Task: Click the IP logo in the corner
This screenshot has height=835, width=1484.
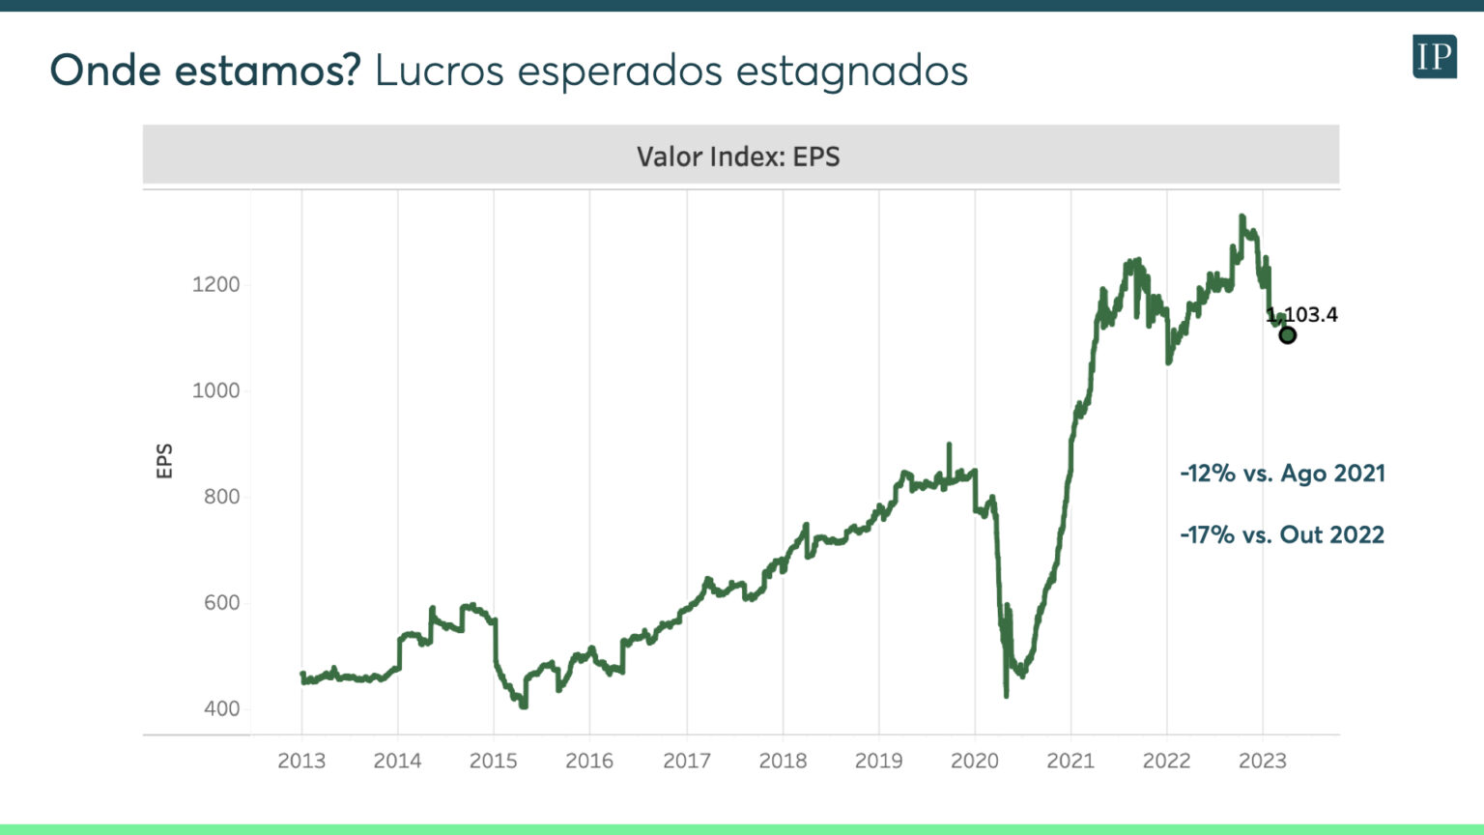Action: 1434,56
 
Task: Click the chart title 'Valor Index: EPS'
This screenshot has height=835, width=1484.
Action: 738,157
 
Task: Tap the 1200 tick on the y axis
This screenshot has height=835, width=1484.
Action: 215,285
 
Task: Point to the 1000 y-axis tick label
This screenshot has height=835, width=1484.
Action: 215,390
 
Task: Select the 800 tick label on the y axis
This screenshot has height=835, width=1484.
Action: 221,497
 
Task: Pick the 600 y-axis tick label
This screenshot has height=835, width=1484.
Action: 221,603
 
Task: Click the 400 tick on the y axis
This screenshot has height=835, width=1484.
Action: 221,708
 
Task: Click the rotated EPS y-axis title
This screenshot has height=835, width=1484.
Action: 164,461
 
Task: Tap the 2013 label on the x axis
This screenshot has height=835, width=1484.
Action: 301,761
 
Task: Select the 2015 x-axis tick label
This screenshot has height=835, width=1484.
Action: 494,761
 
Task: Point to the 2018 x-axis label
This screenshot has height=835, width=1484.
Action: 783,761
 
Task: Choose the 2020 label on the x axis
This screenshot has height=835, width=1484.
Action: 975,761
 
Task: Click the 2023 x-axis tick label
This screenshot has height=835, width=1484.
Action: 1263,761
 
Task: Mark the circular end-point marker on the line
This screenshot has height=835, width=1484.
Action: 1287,335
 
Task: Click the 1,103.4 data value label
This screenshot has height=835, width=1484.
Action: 1303,314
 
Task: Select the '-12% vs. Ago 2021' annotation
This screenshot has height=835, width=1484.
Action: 1282,474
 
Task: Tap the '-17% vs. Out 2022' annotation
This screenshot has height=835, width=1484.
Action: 1282,534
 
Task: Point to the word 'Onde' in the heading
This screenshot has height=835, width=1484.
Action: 104,71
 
